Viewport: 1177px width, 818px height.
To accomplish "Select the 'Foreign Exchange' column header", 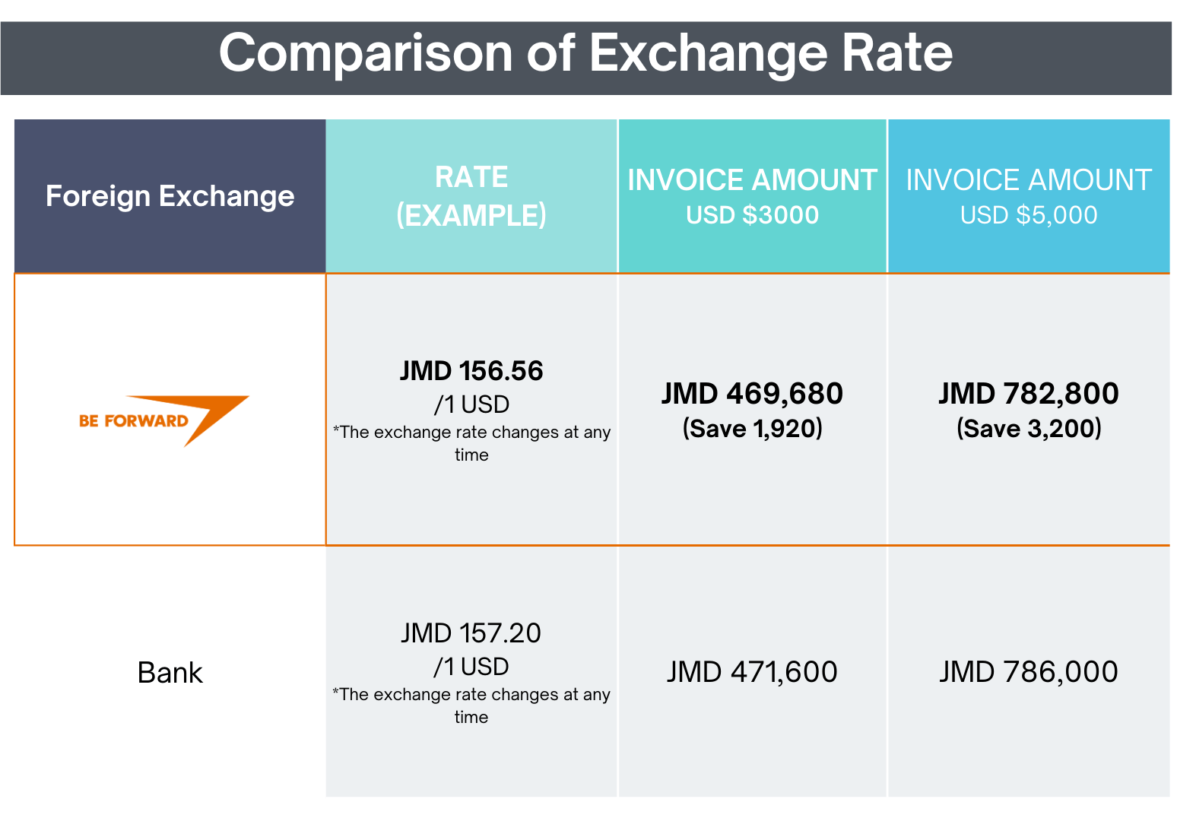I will click(170, 196).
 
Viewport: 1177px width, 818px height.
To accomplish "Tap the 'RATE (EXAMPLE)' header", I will click(471, 196).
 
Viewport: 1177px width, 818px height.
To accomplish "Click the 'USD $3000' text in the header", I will click(752, 215).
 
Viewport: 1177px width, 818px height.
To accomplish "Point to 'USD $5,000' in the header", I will click(1028, 215).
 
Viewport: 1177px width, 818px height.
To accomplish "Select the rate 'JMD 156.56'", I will click(471, 371).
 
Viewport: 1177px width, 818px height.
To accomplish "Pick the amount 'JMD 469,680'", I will click(752, 394).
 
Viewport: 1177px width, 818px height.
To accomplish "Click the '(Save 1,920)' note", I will click(752, 429).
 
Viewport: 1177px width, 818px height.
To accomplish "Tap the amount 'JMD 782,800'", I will click(1028, 394).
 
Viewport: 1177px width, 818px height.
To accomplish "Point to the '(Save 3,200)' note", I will click(1028, 429).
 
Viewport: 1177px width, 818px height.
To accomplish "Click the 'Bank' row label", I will click(170, 673).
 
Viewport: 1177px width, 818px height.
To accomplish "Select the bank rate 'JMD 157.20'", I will click(471, 633).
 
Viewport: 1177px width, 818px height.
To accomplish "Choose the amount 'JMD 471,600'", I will click(752, 672).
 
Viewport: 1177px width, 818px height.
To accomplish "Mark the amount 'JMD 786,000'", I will click(1028, 672).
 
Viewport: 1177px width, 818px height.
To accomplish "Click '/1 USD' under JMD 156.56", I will click(471, 404).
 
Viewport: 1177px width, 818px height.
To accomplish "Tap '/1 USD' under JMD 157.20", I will click(471, 667).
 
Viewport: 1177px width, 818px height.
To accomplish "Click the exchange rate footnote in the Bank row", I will click(471, 705).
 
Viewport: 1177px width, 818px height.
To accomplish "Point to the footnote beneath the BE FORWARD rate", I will click(471, 443).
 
